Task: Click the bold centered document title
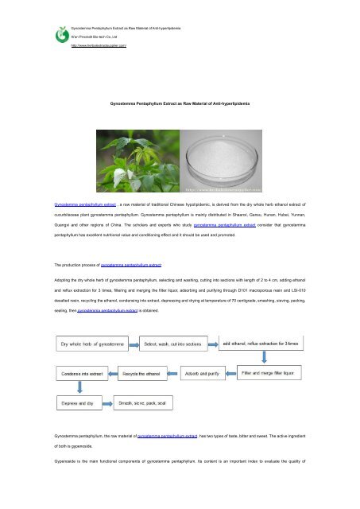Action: pos(180,104)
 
